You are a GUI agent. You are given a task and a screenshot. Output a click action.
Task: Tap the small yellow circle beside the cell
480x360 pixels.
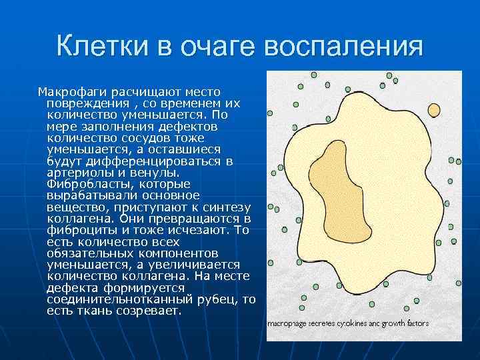(x=434, y=109)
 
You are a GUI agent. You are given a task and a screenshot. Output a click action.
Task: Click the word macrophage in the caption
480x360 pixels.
(x=287, y=323)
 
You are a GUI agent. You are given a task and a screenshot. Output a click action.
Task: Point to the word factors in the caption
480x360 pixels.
(x=417, y=323)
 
